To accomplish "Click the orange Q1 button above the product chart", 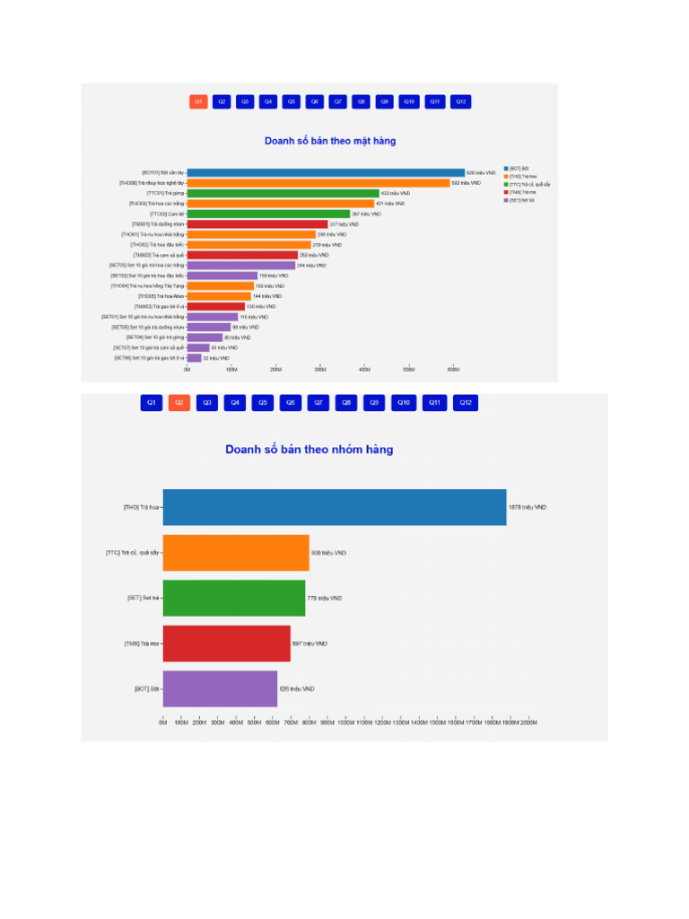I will tap(198, 102).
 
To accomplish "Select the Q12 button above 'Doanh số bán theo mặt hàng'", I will tap(460, 102).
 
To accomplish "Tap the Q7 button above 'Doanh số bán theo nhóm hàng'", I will tap(318, 403).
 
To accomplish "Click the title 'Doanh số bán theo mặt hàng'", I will tap(330, 141).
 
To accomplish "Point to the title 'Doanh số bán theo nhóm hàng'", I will tap(309, 450).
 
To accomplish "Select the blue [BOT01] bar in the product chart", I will tap(326, 172).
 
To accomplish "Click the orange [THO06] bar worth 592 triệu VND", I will tap(318, 183).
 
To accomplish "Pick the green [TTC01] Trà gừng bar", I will tap(283, 193).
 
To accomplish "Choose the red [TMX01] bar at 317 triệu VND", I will tap(257, 224).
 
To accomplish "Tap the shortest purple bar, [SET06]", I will tap(194, 358).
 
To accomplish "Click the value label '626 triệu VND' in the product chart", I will tap(481, 172).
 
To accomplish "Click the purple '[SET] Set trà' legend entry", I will tap(520, 200).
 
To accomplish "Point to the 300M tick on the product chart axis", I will tap(320, 369).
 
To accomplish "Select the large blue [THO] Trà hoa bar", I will tap(334, 507).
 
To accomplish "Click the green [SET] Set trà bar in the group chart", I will tap(233, 598).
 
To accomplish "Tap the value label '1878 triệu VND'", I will tap(528, 507).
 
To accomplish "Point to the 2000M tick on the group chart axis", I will tap(528, 722).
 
